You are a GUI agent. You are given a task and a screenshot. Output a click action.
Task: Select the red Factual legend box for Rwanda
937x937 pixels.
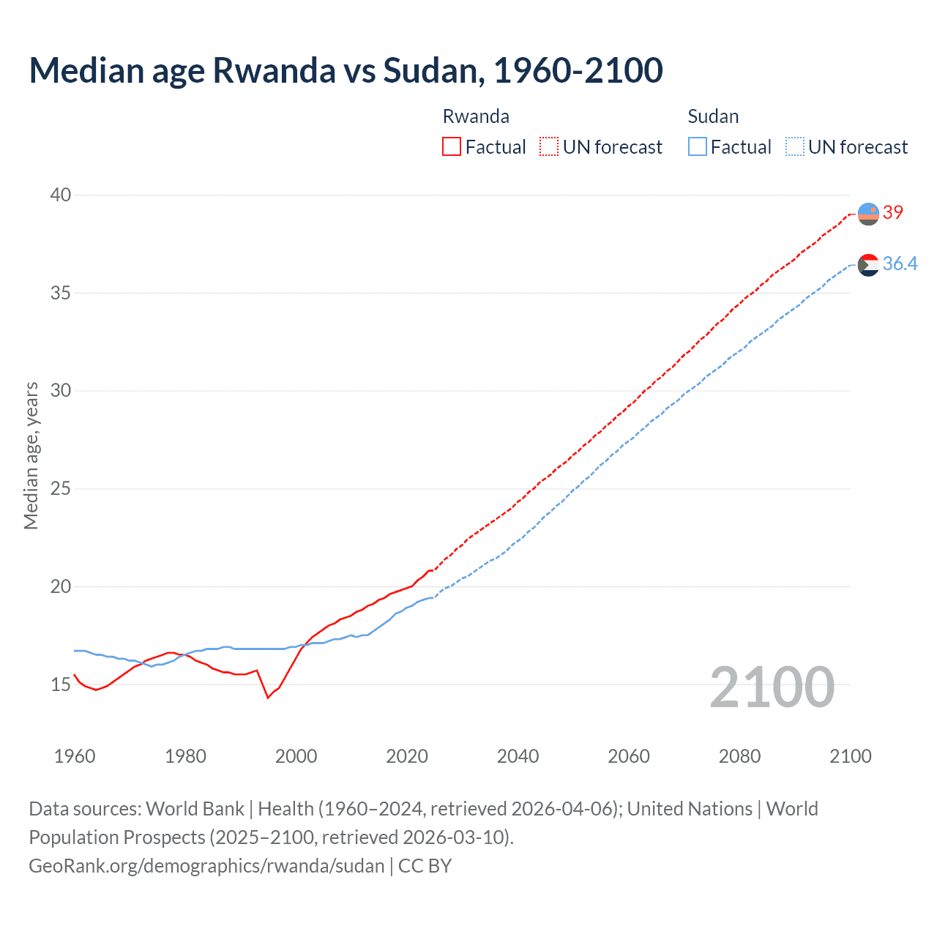point(452,146)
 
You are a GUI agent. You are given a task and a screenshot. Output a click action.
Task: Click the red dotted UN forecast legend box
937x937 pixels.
point(549,146)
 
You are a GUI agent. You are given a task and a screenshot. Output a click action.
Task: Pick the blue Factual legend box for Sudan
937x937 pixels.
point(698,146)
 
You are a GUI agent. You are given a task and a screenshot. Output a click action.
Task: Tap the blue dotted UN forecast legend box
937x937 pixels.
point(795,146)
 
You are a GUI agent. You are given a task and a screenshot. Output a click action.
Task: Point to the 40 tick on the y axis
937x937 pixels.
point(61,195)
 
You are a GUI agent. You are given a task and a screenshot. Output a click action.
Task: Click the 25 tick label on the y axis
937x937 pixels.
point(61,488)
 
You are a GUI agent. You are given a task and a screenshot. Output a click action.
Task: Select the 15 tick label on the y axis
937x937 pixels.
point(61,684)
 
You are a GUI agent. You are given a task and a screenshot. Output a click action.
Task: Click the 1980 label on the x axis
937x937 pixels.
point(185,756)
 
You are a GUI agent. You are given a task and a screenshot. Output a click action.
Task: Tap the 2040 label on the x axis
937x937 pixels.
point(518,756)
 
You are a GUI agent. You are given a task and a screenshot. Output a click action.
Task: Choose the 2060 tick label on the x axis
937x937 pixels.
point(629,756)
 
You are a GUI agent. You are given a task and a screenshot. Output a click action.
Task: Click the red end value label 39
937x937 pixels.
point(893,212)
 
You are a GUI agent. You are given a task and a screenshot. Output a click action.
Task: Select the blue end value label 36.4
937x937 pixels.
point(900,264)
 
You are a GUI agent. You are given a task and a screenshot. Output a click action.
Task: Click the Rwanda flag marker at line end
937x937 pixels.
point(868,214)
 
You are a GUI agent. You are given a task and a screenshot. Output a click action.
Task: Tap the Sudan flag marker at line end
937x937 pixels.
point(868,265)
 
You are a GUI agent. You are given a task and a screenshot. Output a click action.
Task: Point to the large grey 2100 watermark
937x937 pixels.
point(772,687)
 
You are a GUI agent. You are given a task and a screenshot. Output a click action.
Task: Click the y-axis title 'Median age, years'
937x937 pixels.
point(31,455)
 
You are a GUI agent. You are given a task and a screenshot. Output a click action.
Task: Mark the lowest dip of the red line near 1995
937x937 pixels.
point(268,698)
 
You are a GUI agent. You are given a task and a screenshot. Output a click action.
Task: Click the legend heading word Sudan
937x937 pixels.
point(713,116)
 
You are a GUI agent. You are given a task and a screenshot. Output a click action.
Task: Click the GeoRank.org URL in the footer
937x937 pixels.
point(206,866)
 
